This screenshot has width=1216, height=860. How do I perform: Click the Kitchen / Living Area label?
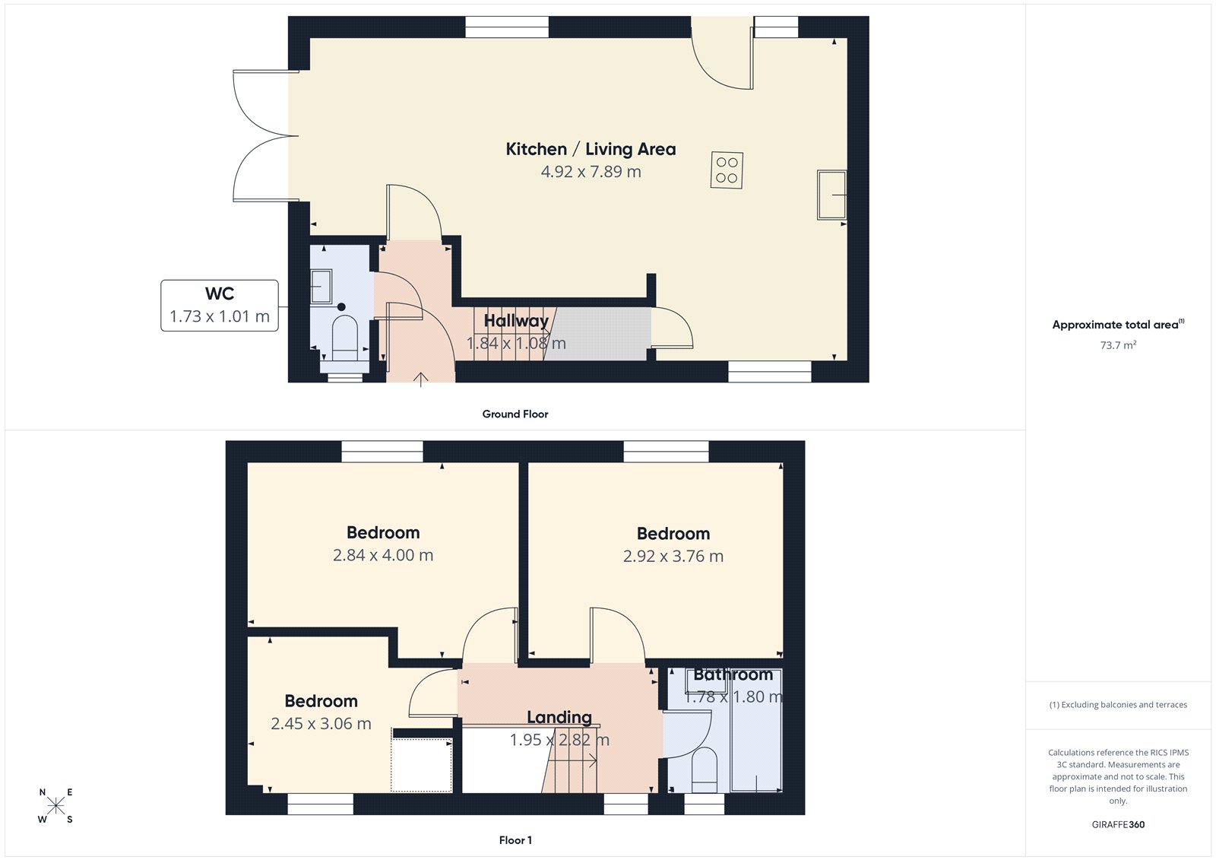(591, 149)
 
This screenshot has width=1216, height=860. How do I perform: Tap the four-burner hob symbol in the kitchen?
(727, 170)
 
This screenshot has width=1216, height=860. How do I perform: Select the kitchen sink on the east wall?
(832, 195)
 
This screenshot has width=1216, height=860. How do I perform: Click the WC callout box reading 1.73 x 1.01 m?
(220, 306)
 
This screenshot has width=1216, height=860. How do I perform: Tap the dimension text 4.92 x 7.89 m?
(591, 172)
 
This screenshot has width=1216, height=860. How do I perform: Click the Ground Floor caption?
(515, 414)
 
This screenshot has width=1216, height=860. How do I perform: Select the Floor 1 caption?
(515, 840)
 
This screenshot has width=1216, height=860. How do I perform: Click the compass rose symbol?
(55, 806)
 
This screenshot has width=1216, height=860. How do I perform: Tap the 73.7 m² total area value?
(1118, 345)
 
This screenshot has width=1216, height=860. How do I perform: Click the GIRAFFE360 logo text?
(1118, 824)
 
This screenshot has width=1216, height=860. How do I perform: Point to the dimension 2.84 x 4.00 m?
(383, 556)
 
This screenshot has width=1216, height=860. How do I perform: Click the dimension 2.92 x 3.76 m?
(673, 557)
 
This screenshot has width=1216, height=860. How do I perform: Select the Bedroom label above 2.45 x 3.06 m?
(321, 701)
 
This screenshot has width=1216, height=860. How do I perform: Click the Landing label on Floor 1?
(559, 717)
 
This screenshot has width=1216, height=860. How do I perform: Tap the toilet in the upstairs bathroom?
(705, 770)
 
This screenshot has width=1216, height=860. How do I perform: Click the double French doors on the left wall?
(262, 136)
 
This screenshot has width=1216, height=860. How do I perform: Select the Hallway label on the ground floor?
(516, 321)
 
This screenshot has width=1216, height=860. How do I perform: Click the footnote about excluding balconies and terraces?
(1118, 705)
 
